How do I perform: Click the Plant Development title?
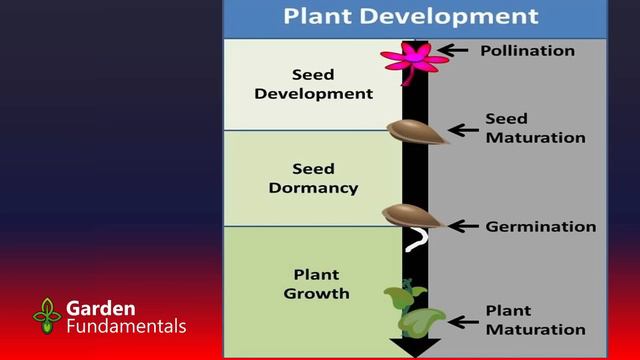coord(410,17)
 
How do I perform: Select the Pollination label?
coord(527,50)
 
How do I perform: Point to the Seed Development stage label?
coord(313,84)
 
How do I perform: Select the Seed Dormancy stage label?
coord(313,178)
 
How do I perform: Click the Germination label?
coord(540,226)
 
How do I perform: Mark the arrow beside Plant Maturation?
coord(462,321)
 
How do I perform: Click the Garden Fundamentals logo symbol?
coord(47,316)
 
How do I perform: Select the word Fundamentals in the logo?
coord(126,326)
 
